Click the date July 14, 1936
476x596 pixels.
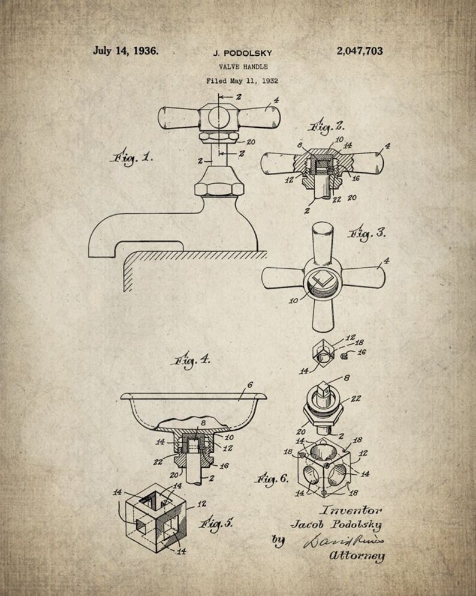[126, 51]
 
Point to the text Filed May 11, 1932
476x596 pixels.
[242, 80]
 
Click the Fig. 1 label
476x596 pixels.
[131, 158]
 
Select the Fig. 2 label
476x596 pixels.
[327, 127]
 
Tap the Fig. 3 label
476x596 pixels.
[368, 233]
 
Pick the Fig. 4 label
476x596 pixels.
[189, 361]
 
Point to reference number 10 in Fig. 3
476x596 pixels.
[294, 300]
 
